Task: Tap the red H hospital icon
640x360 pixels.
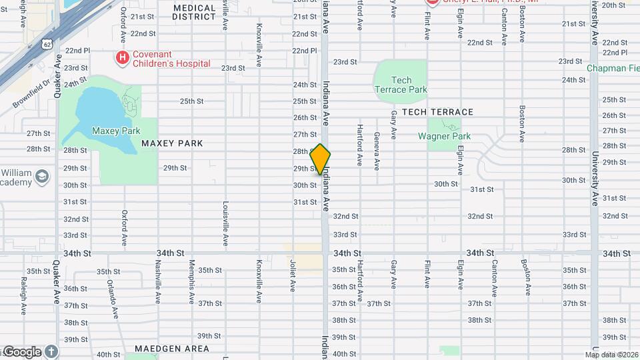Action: tap(122, 58)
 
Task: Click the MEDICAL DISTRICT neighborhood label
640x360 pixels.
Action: tap(194, 12)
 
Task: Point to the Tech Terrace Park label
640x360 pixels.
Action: tap(401, 85)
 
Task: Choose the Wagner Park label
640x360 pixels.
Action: tap(444, 136)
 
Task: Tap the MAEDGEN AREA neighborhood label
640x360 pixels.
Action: tap(171, 349)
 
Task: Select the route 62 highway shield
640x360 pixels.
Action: tap(45, 44)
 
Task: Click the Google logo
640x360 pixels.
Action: tap(23, 351)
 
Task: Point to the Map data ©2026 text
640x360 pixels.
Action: tap(611, 355)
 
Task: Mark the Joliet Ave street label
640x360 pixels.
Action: tap(293, 275)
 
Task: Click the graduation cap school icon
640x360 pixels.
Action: tap(43, 176)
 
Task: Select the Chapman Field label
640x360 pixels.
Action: tap(613, 68)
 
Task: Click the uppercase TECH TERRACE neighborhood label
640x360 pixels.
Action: tap(437, 112)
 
